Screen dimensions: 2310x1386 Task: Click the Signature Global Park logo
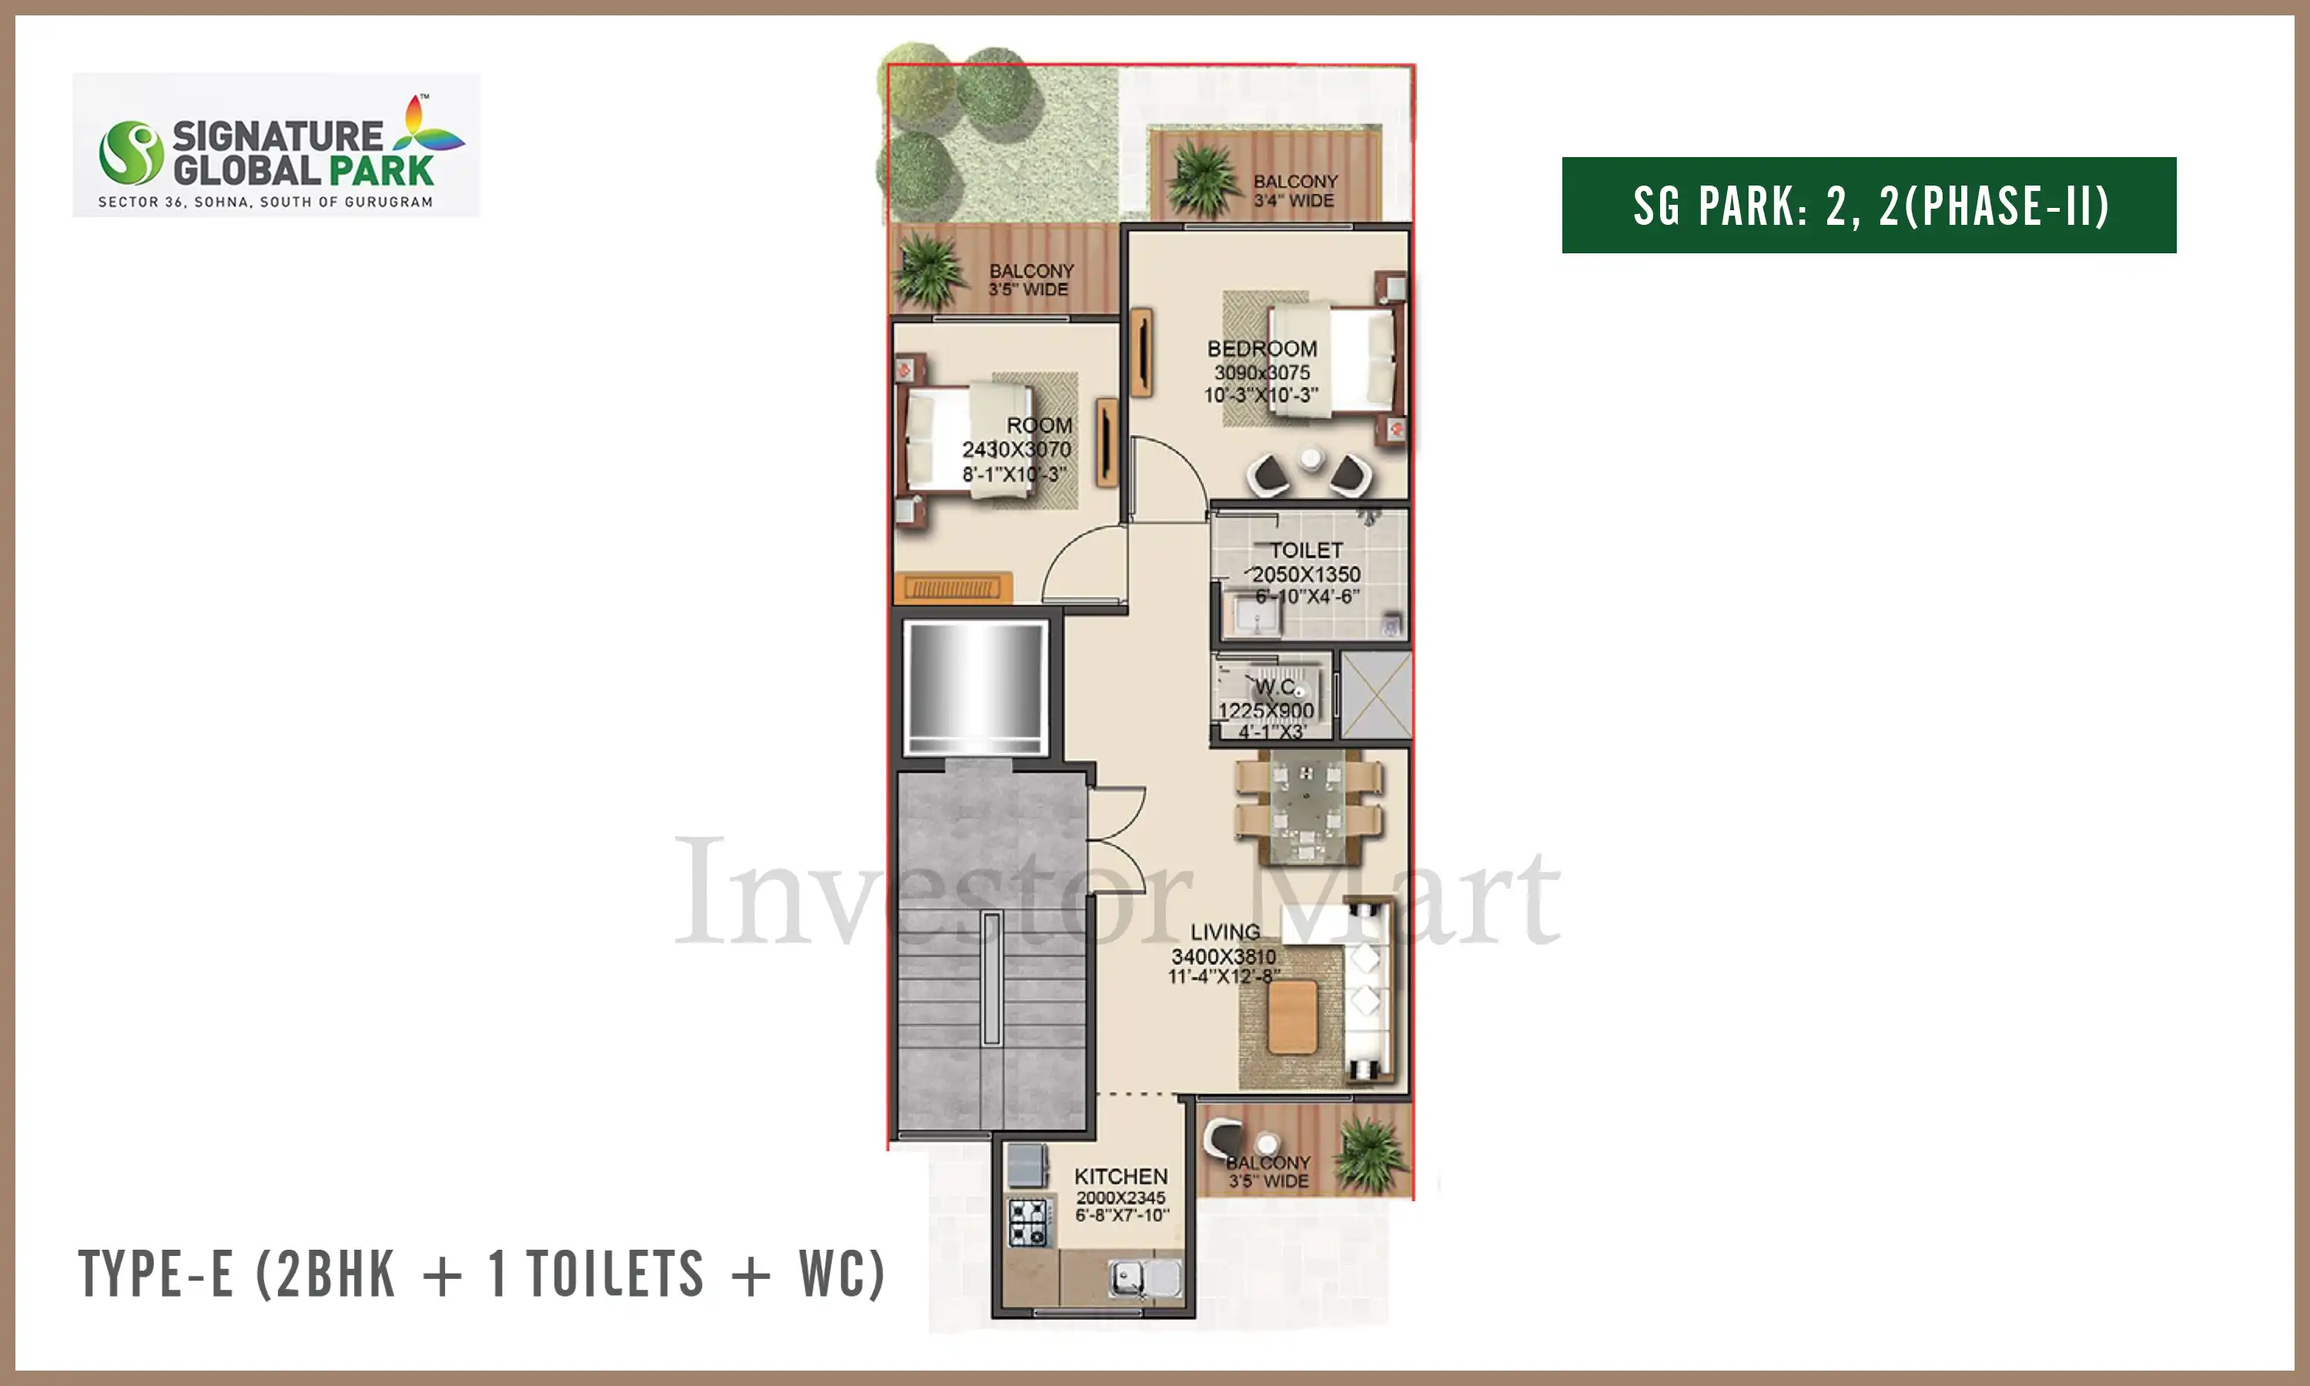pyautogui.click(x=276, y=146)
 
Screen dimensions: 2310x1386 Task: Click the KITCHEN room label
pyautogui.click(x=1120, y=1176)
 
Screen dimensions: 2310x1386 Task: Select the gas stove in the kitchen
pyautogui.click(x=1029, y=1223)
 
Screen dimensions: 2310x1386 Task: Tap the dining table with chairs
pyautogui.click(x=1307, y=806)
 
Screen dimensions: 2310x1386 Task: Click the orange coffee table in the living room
pyautogui.click(x=1293, y=1017)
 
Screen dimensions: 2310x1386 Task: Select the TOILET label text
pyautogui.click(x=1306, y=550)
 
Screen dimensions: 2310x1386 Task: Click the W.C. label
pyautogui.click(x=1275, y=688)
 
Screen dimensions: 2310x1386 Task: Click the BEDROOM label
pyautogui.click(x=1262, y=348)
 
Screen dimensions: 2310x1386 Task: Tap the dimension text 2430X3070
pyautogui.click(x=1017, y=449)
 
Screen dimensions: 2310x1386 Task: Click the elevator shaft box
pyautogui.click(x=976, y=688)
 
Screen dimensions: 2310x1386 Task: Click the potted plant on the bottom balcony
pyautogui.click(x=1370, y=1157)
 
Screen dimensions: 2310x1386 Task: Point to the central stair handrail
pyautogui.click(x=992, y=978)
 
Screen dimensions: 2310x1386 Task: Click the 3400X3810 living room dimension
pyautogui.click(x=1224, y=956)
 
